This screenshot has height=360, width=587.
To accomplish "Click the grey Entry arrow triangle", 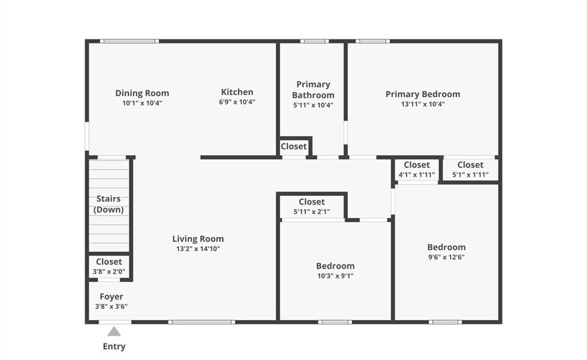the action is coord(114,331).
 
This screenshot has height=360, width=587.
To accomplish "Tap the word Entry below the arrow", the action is coord(114,346).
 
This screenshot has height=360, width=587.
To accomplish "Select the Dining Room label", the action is coord(142,93).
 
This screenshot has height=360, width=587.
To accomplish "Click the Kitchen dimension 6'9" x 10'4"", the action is coord(237,102).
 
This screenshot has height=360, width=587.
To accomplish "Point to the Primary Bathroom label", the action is coord(314,90).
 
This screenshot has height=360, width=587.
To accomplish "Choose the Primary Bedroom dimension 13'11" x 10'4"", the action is coord(423,104).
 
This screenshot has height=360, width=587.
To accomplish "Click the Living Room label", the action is coord(198,238).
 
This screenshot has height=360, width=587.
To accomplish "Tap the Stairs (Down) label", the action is coord(108,204).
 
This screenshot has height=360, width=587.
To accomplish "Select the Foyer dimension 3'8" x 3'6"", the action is coord(111,307).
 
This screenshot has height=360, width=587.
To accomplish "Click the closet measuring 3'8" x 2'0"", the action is coord(109,267).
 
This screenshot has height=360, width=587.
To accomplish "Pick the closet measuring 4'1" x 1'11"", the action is coord(417,170).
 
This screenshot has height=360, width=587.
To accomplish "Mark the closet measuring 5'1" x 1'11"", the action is coord(470,170).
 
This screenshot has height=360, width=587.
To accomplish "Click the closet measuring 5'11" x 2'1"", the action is coord(312,206).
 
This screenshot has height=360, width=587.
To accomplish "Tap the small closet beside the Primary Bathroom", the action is coord(294,147).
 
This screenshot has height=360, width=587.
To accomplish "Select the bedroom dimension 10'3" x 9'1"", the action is coord(335,276).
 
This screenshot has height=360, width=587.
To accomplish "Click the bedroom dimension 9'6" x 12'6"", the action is coord(447,257).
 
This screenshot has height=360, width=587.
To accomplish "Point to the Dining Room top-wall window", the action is coord(130,41).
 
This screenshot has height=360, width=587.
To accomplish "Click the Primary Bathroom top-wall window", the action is coord(315,41).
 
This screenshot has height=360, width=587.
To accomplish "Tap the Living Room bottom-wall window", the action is coord(202,322).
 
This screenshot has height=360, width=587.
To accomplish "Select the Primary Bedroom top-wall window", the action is coord(373,41).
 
